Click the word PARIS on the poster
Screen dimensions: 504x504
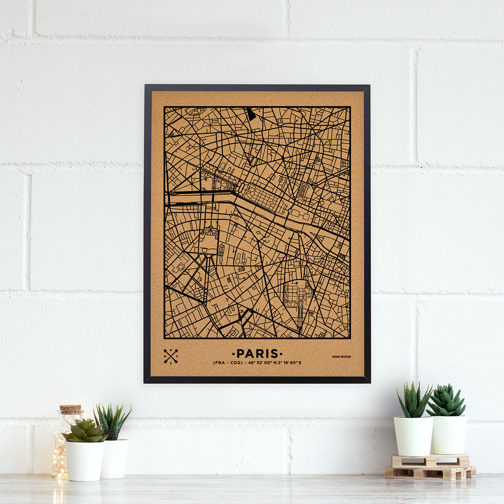point(257,353)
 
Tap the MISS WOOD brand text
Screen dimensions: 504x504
point(342,357)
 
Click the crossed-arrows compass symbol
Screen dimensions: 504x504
point(171,357)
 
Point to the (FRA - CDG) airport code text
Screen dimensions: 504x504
point(227,363)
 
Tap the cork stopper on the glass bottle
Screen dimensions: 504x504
point(70,409)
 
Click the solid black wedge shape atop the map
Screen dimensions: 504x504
point(251,113)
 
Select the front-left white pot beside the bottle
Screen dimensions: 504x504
point(84,460)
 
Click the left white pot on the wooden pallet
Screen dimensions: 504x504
point(413,435)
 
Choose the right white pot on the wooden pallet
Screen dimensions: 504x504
point(449,434)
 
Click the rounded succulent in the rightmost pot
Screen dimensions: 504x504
point(446,401)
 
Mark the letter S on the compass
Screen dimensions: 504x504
point(171,363)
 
